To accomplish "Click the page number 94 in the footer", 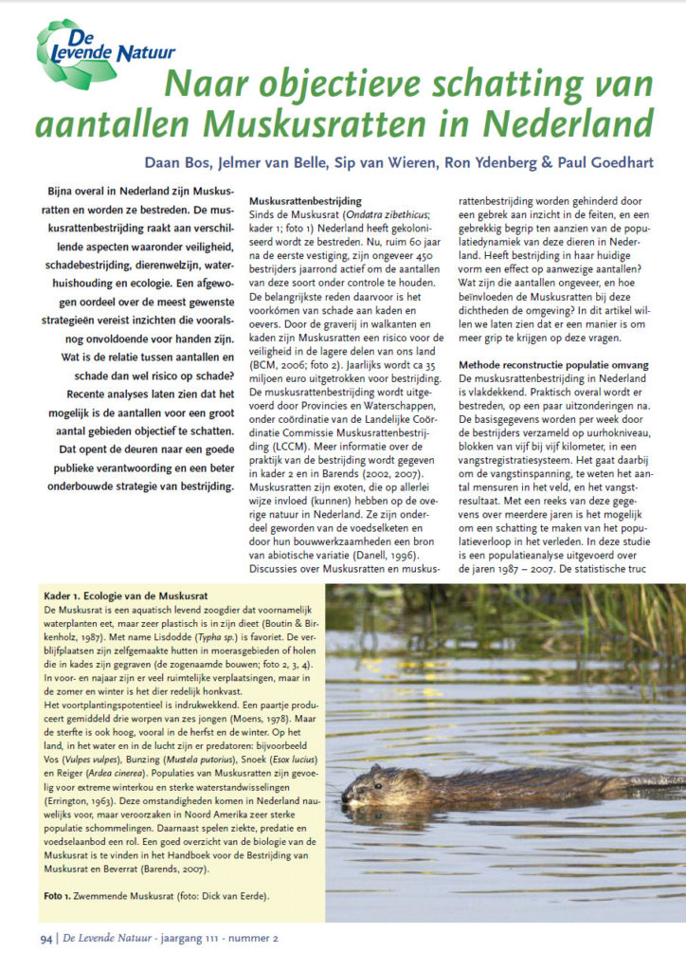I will click(45, 939).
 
